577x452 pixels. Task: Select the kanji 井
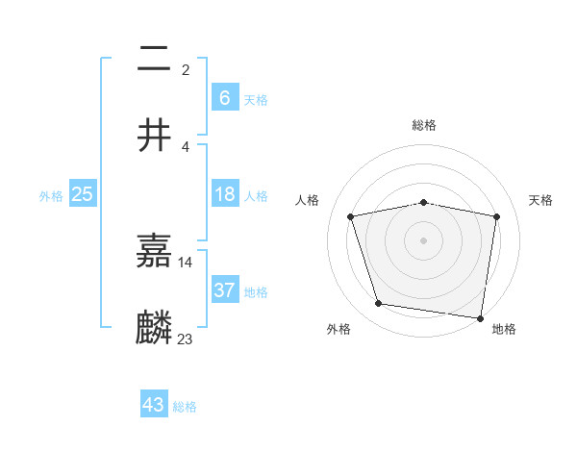coord(155,135)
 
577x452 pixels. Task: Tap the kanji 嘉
coord(155,251)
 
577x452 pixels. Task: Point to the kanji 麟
coord(155,328)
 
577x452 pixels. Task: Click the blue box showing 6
coord(224,97)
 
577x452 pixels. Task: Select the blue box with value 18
coord(224,195)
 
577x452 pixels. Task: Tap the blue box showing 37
coord(224,289)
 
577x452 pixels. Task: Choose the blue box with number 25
coord(83,194)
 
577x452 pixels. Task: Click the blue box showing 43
coord(154,405)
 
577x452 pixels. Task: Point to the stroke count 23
coord(186,339)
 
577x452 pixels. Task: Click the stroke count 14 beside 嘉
coord(186,262)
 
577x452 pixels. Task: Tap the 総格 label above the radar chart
coord(424,125)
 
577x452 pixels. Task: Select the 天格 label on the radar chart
coord(541,200)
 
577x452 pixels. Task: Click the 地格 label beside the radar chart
coord(504,329)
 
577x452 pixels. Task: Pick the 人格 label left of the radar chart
coord(308,200)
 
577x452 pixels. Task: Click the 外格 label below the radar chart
coord(339,329)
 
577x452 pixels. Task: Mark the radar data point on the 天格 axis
coord(496,216)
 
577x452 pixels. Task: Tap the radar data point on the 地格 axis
coord(480,317)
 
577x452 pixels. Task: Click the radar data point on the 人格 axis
coord(351,216)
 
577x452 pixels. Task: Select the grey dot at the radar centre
coord(424,239)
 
